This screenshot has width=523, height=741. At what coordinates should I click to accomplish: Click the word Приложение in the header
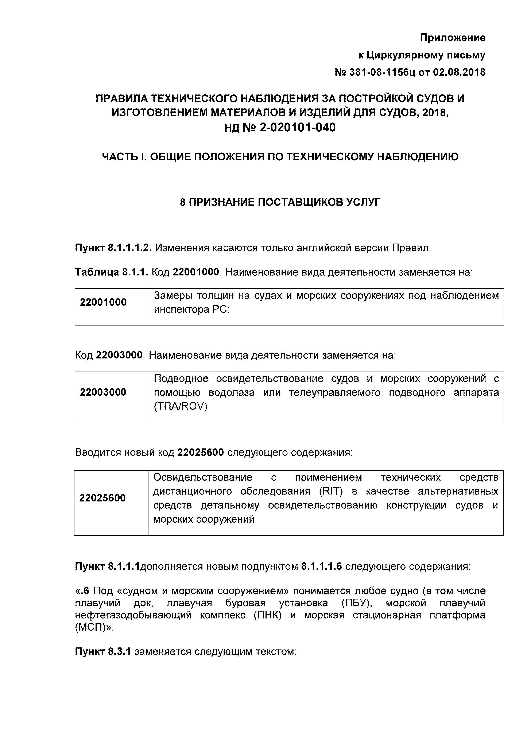[x=452, y=38]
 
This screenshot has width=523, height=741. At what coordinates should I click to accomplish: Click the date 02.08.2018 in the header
[x=459, y=72]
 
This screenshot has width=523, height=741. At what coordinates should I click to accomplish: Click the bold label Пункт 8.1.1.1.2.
[x=113, y=248]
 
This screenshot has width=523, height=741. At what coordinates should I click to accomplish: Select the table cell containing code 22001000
[x=103, y=302]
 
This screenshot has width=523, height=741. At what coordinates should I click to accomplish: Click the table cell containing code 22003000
[x=103, y=392]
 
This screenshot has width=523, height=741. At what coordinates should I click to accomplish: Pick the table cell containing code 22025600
[x=102, y=498]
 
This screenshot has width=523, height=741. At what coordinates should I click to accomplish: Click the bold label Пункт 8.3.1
[x=103, y=652]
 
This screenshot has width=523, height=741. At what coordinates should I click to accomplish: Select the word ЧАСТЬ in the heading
[x=119, y=157]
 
